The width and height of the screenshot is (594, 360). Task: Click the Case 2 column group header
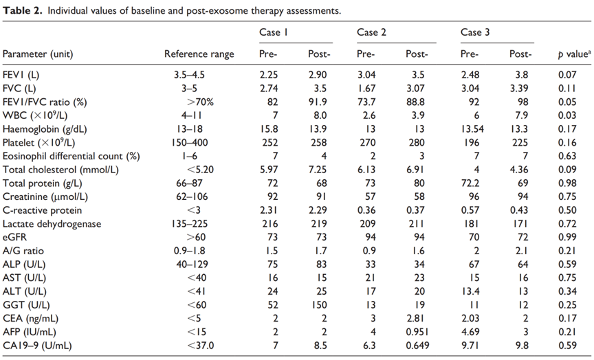click(x=371, y=32)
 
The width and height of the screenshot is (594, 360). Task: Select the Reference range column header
click(x=199, y=54)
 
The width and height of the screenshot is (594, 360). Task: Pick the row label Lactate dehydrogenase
click(x=52, y=224)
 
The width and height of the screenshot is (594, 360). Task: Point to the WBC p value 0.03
click(x=567, y=115)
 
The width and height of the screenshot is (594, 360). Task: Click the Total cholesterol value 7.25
click(x=318, y=170)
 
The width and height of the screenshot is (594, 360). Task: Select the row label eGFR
click(x=14, y=237)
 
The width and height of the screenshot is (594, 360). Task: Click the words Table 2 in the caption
click(x=23, y=10)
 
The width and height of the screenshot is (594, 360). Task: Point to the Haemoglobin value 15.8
click(x=269, y=129)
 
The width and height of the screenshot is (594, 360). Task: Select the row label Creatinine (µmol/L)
click(x=45, y=197)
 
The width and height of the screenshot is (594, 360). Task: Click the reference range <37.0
click(x=201, y=346)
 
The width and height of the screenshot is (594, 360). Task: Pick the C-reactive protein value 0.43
click(x=518, y=210)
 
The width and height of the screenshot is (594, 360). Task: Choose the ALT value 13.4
click(x=470, y=291)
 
